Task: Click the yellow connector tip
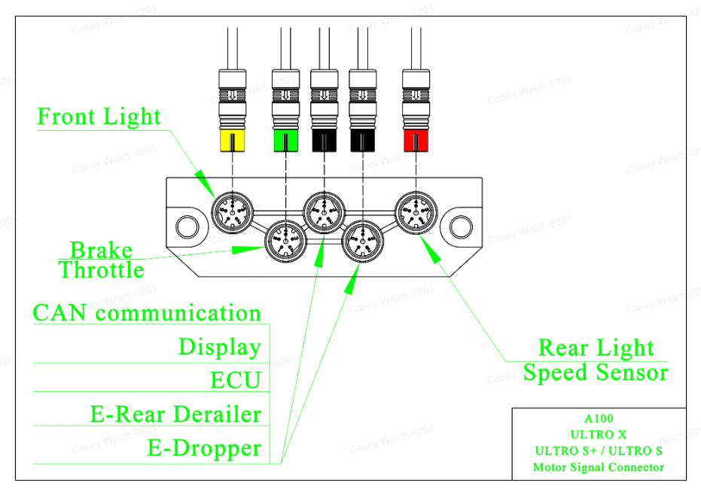tap(233, 141)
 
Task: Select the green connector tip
tap(285, 141)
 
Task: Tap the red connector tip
tap(416, 141)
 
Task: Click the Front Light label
tap(99, 117)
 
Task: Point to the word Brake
tap(102, 250)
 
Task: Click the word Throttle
tap(102, 270)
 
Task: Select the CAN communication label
tap(147, 312)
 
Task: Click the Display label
tap(220, 347)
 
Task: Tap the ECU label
tap(236, 380)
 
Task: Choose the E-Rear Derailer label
tap(175, 415)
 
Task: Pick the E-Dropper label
tap(204, 448)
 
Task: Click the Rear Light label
tap(596, 348)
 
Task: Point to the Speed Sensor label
tap(596, 372)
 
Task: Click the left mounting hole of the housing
tap(187, 226)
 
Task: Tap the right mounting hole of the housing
tap(461, 226)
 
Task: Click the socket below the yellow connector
tap(232, 212)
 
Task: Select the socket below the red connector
tap(416, 212)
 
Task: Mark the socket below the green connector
tap(285, 241)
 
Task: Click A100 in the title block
tap(599, 418)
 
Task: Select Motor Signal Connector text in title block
tap(599, 467)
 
